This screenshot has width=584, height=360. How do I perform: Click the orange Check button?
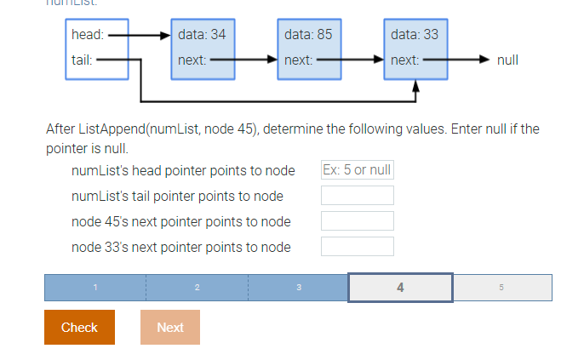point(79,327)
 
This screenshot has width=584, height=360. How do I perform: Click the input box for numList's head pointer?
point(357,170)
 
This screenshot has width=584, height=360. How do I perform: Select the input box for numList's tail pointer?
point(357,196)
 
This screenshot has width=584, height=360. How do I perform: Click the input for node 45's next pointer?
point(357,221)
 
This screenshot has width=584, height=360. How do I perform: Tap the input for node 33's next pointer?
point(357,247)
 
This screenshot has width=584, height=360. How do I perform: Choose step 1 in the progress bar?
point(95,288)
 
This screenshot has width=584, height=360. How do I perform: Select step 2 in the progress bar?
point(197,288)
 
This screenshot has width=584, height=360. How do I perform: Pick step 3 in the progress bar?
point(299,288)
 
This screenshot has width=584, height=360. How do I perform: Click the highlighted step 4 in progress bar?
point(400,288)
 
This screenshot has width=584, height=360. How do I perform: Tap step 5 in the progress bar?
point(501,288)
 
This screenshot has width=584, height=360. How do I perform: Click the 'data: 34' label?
point(202,35)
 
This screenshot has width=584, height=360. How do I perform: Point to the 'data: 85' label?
point(308,35)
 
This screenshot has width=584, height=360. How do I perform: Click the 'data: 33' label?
point(415,35)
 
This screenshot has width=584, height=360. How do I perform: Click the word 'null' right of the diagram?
point(507,60)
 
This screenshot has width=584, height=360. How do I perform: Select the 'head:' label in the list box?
point(88,35)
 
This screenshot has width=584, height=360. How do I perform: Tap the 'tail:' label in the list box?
point(83,60)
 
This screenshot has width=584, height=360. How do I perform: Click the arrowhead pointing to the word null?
point(485,60)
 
